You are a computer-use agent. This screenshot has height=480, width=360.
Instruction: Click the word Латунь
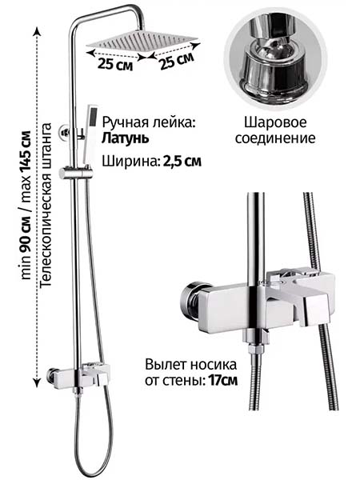[126, 138]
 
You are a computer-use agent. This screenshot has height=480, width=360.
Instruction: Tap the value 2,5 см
[182, 161]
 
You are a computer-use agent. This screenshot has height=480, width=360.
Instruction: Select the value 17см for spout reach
[222, 381]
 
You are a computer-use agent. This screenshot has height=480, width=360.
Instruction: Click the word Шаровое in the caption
[275, 122]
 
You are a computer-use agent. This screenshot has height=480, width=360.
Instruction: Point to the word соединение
[275, 138]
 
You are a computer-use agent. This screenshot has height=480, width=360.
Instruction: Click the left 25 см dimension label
[115, 65]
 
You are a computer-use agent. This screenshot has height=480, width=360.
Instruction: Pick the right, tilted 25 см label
[177, 61]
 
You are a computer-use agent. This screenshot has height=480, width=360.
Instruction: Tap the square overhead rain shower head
[142, 41]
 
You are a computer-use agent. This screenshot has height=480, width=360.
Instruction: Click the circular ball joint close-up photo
[276, 59]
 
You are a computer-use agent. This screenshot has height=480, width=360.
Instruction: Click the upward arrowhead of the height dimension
[37, 31]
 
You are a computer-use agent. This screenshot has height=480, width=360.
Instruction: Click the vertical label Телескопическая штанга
[46, 205]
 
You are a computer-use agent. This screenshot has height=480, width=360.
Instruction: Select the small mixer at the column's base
[79, 375]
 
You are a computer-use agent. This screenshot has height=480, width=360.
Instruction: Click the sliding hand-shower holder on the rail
[75, 173]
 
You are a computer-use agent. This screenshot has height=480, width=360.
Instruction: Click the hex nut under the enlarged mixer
[256, 349]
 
